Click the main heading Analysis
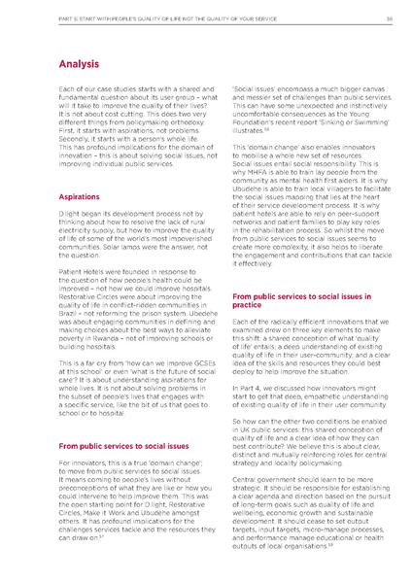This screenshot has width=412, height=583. (83, 64)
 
